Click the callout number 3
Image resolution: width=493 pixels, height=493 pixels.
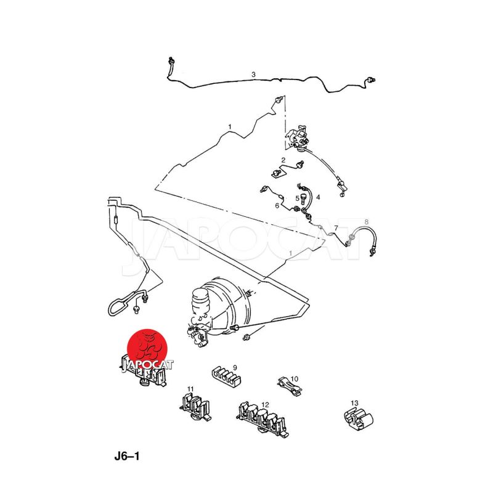click(x=253, y=75)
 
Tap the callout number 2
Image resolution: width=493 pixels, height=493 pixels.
click(x=283, y=160)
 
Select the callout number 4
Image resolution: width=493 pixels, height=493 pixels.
click(x=318, y=197)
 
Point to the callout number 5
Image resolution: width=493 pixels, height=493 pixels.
click(x=298, y=198)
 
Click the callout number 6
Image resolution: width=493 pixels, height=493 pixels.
click(x=277, y=206)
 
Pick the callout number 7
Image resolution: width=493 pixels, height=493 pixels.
click(x=336, y=228)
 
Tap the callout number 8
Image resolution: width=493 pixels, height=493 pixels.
click(x=366, y=222)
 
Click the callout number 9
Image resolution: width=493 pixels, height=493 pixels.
click(x=235, y=367)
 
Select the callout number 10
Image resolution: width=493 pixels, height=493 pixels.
click(x=295, y=379)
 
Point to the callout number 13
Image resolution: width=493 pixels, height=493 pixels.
click(x=354, y=403)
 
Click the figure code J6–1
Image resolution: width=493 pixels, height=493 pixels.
click(x=127, y=456)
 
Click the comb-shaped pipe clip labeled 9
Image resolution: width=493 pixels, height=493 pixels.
click(x=226, y=378)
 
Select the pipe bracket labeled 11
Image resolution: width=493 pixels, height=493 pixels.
click(x=195, y=407)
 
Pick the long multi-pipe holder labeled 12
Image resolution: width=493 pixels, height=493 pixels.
click(x=263, y=419)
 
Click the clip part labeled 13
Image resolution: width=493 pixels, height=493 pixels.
click(x=359, y=418)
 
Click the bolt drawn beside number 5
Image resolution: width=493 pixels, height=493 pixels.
click(x=303, y=199)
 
